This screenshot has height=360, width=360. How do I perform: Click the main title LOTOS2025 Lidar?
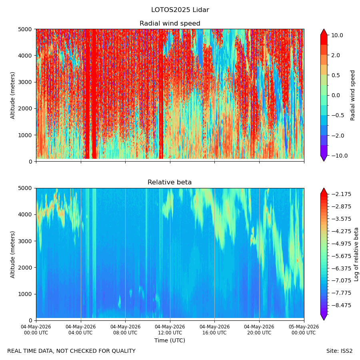point(180,10)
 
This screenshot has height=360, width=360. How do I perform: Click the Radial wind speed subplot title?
point(170,24)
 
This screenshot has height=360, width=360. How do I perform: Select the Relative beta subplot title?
point(170,182)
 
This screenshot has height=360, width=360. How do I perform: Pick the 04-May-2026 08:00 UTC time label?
point(125,330)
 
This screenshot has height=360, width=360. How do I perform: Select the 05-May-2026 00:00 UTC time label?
point(304,330)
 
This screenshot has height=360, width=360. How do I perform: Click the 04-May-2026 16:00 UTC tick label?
point(215,330)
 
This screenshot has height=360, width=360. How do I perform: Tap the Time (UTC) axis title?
point(170,340)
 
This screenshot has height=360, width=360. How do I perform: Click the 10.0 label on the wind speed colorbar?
point(337,35)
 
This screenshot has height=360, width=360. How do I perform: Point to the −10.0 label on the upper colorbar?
point(339,156)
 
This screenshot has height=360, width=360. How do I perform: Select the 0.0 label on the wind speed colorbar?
point(336,96)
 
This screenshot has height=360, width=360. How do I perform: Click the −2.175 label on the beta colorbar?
point(341,194)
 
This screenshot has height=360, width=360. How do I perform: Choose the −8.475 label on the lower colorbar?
point(341,305)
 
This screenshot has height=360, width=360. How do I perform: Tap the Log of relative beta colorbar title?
point(356,254)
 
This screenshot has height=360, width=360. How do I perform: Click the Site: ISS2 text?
point(339,351)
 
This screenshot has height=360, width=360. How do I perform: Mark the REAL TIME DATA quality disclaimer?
point(72,351)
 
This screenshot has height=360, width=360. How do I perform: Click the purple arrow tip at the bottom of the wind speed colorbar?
point(324,161)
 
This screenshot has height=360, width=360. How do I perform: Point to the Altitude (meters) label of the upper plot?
point(12,96)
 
